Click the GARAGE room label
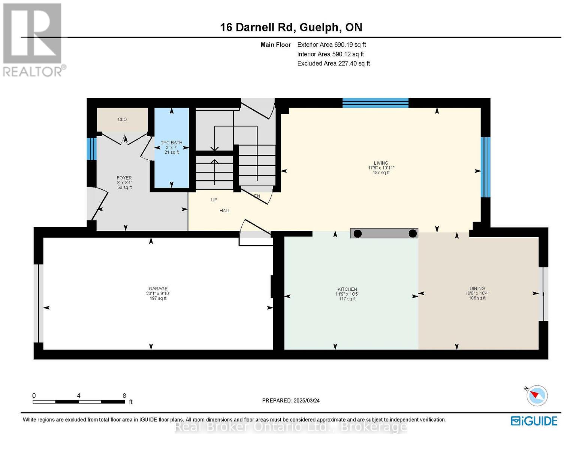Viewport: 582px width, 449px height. (158, 288)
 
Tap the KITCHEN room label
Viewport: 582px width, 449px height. (347, 289)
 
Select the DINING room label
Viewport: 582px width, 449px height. (477, 288)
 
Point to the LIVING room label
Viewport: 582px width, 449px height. (381, 163)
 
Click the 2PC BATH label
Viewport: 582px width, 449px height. (172, 143)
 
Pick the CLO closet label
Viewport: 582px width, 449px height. (122, 119)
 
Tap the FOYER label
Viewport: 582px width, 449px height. (124, 178)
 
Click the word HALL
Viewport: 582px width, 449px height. (225, 211)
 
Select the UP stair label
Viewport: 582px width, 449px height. (214, 200)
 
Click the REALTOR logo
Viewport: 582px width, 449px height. (33, 39)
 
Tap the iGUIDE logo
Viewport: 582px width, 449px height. (534, 421)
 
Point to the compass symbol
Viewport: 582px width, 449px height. (537, 395)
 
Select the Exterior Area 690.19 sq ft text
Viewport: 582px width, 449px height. (331, 45)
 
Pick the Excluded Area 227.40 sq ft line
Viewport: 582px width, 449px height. (333, 64)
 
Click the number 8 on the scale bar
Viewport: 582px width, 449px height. (124, 395)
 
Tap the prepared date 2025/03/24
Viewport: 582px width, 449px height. (307, 400)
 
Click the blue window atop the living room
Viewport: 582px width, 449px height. (375, 103)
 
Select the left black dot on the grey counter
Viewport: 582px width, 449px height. (358, 234)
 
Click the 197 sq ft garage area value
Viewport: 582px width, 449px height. (158, 298)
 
